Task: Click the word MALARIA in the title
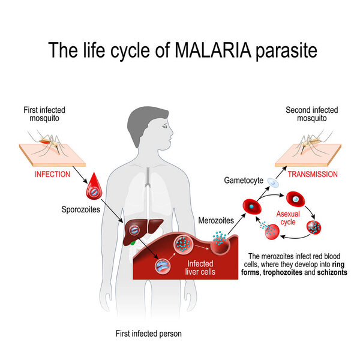coord(212,50)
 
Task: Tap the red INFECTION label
coord(52,174)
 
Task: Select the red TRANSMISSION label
coord(313,174)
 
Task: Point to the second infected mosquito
coord(313,143)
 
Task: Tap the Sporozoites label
coord(80,209)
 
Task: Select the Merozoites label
coord(216,220)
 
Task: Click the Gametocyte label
coord(244,181)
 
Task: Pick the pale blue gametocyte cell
coord(273,183)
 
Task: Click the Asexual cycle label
coord(288,218)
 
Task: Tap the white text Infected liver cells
coord(200,268)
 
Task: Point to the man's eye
coord(164,126)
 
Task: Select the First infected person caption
coord(149,334)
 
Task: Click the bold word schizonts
coord(332,272)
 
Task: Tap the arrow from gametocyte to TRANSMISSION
coord(281,172)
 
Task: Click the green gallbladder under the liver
coord(133,242)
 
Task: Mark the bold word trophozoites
coord(283,272)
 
